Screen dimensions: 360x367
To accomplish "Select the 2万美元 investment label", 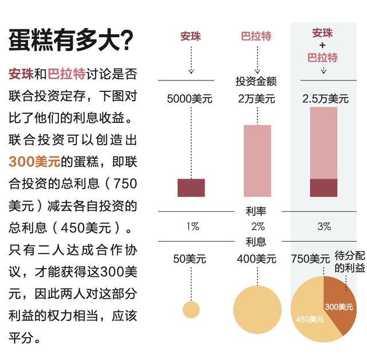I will click(x=256, y=99).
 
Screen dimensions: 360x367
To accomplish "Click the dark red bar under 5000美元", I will click(x=191, y=188).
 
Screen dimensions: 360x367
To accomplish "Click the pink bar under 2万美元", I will click(x=257, y=161).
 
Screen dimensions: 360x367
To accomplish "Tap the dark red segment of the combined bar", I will click(x=323, y=188).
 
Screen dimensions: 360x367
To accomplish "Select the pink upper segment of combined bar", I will click(x=323, y=142).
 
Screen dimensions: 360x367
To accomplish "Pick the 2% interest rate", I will click(x=257, y=227).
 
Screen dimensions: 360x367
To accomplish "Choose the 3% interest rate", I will click(x=324, y=227).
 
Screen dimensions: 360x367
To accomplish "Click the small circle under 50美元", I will click(x=191, y=309).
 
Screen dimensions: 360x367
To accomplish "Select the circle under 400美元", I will click(x=257, y=309).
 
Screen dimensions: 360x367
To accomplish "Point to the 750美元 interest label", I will click(x=311, y=258).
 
